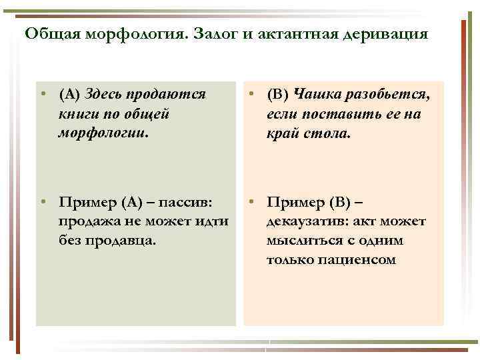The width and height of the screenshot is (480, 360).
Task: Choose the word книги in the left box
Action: [x=77, y=114]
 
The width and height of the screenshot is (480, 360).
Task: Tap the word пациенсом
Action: [x=365, y=259]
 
